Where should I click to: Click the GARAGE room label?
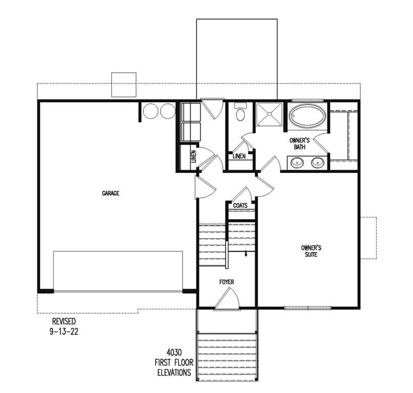111,193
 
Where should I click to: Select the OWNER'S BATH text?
298,144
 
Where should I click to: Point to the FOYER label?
227,282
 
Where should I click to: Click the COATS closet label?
241,206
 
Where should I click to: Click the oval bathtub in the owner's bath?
307,117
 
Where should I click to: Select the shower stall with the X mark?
269,115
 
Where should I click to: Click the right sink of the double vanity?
318,163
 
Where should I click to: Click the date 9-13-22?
64,331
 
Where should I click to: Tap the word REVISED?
64,321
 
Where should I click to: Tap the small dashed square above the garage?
124,84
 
